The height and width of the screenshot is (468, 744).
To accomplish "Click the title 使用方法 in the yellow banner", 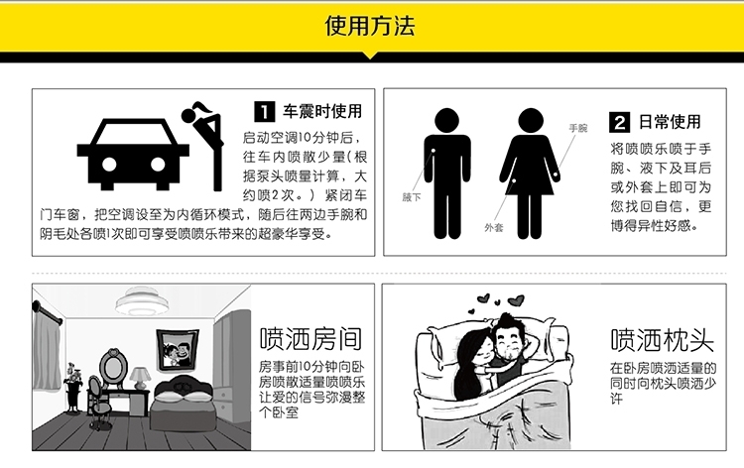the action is tap(370, 26).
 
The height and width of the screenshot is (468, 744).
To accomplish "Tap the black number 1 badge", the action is tap(264, 111).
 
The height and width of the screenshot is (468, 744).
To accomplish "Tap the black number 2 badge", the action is tap(619, 122).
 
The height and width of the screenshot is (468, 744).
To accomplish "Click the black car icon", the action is tap(133, 154).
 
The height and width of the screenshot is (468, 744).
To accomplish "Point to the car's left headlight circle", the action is tap(109, 165).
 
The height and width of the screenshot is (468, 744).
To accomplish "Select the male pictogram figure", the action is tap(447, 174).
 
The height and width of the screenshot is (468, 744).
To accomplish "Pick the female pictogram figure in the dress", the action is tap(530, 174).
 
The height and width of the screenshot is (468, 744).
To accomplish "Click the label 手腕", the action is tap(578, 128).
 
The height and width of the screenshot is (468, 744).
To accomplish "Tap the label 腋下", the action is tap(412, 197).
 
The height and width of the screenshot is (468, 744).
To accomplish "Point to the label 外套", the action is tap(493, 228).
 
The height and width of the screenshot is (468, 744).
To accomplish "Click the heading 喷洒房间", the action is tap(310, 338).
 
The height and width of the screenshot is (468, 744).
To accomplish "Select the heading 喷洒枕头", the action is tap(662, 340).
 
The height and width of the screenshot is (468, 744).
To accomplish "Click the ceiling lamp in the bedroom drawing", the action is tap(142, 300).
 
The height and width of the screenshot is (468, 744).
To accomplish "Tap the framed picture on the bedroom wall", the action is tap(178, 349).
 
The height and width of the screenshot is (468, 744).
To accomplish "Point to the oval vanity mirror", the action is tap(113, 365).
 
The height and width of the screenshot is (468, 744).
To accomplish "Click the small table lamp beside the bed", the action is tap(140, 378).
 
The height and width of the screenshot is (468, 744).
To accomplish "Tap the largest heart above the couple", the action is tap(516, 300).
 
